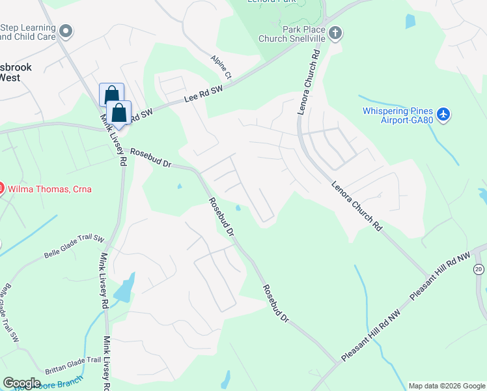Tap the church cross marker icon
(335, 32)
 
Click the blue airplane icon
(444, 115)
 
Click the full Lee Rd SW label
(203, 94)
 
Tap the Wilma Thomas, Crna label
(49, 190)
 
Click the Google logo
(21, 383)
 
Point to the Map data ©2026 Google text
(446, 386)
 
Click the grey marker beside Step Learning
(66, 31)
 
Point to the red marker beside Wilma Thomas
(1, 189)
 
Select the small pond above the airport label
(410, 21)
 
